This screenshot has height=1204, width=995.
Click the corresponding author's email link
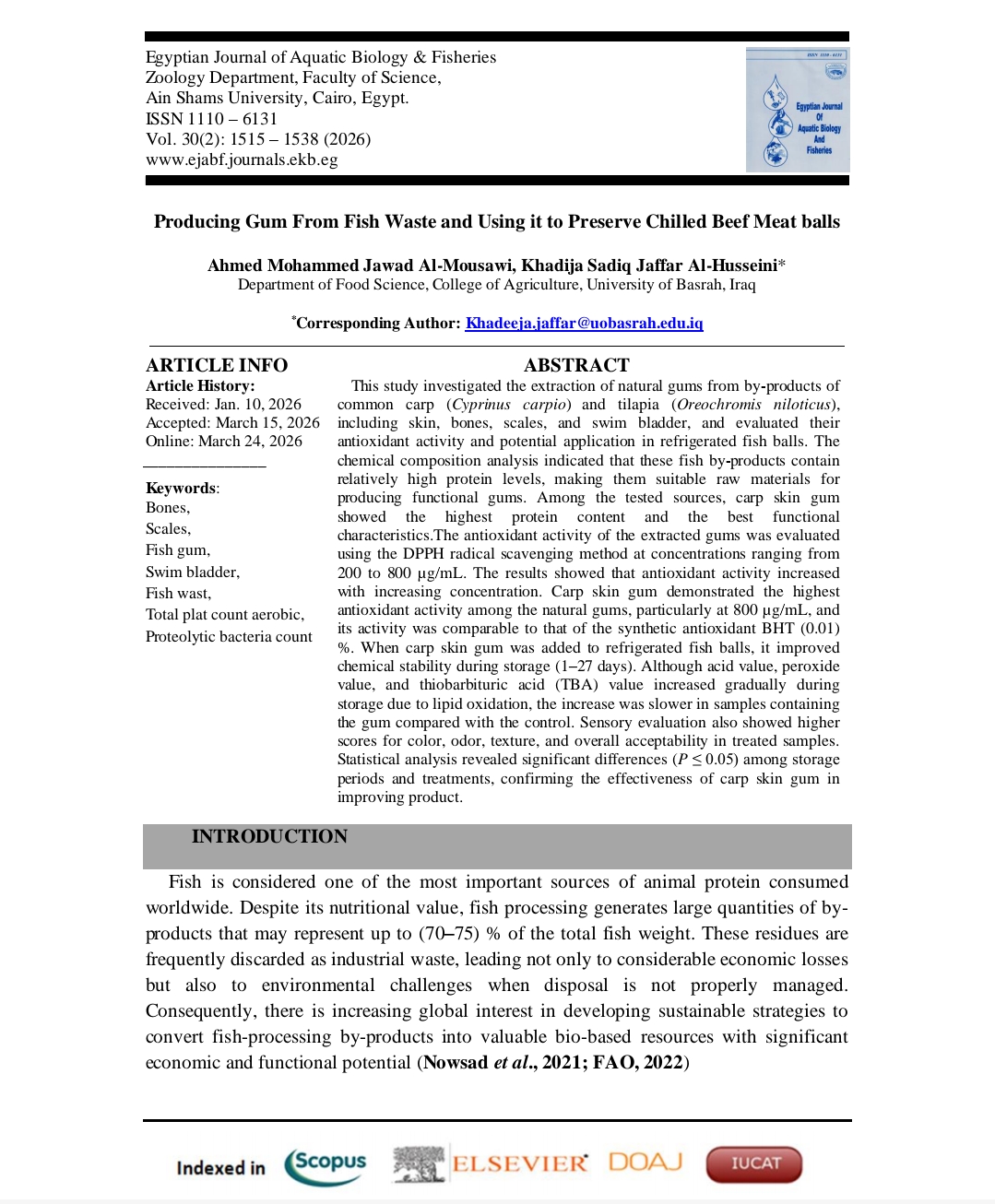pyautogui.click(x=584, y=323)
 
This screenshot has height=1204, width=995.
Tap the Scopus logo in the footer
pyautogui.click(x=326, y=1165)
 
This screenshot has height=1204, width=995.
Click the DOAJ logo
pyautogui.click(x=646, y=1162)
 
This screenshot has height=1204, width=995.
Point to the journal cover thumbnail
pyautogui.click(x=797, y=110)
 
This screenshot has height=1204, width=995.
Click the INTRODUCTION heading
pyautogui.click(x=269, y=836)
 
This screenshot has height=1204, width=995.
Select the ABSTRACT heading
pyautogui.click(x=576, y=365)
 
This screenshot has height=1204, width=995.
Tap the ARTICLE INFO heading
pyautogui.click(x=217, y=365)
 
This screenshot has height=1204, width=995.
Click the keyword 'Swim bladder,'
pyautogui.click(x=193, y=572)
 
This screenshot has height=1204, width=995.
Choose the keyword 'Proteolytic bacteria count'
pyautogui.click(x=229, y=636)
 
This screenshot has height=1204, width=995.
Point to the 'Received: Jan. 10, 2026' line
pyautogui.click(x=223, y=404)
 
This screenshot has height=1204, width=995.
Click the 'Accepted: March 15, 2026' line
pyautogui.click(x=232, y=422)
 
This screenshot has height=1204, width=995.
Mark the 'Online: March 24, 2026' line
pyautogui.click(x=224, y=441)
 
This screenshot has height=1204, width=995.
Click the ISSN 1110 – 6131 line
pyautogui.click(x=211, y=119)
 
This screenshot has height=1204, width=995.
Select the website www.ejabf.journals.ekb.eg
pyautogui.click(x=242, y=159)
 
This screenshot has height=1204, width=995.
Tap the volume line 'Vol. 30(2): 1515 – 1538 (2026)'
pyautogui.click(x=258, y=139)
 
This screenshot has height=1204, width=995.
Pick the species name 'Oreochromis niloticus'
pyautogui.click(x=753, y=404)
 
